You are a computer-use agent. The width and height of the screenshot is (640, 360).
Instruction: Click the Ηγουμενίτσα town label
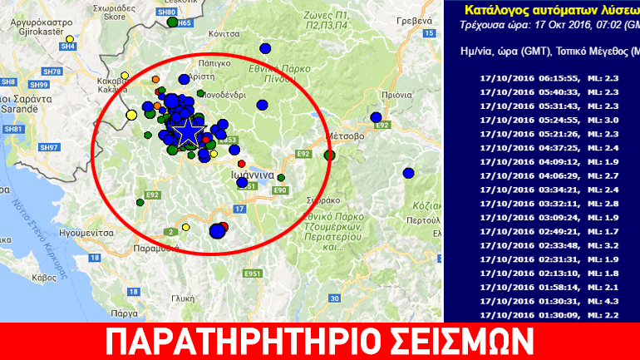(x=80, y=234)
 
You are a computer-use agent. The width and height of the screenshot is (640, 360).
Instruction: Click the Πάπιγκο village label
(x=214, y=62)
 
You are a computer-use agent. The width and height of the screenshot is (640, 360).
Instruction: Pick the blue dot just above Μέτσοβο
(x=377, y=117)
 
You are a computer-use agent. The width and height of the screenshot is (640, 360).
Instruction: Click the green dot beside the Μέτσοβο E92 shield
(x=330, y=155)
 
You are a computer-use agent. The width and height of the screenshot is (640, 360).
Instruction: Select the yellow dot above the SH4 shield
(x=69, y=39)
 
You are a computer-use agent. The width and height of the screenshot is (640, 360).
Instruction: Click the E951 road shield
(x=253, y=273)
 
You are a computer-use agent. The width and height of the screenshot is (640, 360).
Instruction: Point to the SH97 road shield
(x=49, y=147)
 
